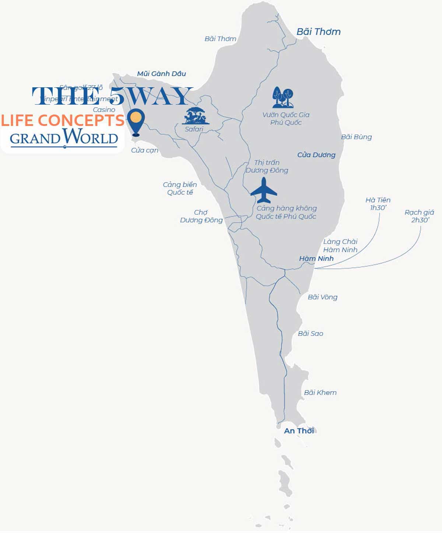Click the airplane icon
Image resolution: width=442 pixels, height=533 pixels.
(x=264, y=190)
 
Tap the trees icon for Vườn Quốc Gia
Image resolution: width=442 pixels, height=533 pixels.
(x=283, y=98)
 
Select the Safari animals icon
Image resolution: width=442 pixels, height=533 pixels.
(x=196, y=116)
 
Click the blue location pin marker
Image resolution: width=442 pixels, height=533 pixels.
(x=136, y=122)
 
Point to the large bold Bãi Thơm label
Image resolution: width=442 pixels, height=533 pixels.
(x=318, y=32)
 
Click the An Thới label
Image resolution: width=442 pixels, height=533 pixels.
(x=299, y=431)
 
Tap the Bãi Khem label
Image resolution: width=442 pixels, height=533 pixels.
(x=320, y=393)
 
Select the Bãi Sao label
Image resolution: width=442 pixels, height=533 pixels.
(x=311, y=333)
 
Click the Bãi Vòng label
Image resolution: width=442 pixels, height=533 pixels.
(x=322, y=297)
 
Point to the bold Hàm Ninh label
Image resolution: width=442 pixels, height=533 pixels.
(x=316, y=259)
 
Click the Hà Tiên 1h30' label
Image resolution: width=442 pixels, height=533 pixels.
(x=378, y=204)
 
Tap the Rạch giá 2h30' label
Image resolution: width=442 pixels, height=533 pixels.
(x=419, y=216)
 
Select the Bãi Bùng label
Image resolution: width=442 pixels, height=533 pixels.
(x=356, y=137)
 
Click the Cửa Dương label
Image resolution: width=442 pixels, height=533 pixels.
(x=316, y=155)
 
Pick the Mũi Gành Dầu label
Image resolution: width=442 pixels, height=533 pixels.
(x=161, y=74)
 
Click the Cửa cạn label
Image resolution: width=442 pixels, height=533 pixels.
(x=145, y=150)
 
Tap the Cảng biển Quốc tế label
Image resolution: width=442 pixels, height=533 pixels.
(x=180, y=188)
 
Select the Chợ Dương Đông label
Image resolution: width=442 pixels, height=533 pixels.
(x=201, y=216)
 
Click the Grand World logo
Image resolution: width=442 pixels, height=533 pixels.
(x=64, y=137)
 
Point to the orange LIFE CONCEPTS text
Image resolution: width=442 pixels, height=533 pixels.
(x=63, y=120)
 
